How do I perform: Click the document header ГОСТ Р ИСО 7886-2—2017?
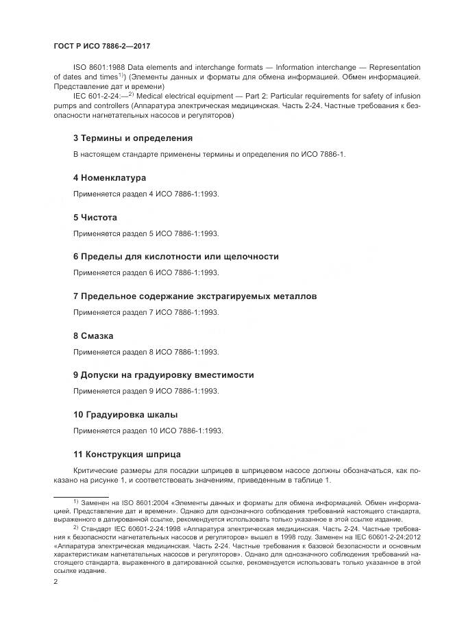[x=101, y=46]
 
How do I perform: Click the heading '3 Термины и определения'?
[x=132, y=138]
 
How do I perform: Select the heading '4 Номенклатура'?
[x=109, y=178]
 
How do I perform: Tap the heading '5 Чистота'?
[x=95, y=218]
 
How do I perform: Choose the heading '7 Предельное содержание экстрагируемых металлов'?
[x=195, y=296]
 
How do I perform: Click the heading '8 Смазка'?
[x=93, y=336]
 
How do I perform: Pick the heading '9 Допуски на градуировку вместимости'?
[x=163, y=375]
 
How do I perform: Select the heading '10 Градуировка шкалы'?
[x=125, y=415]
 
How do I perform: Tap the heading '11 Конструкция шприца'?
[x=127, y=455]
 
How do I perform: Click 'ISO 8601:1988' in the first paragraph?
[x=99, y=67]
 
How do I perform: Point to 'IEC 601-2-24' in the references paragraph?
[x=95, y=97]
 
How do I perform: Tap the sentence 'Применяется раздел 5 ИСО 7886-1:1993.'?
[x=145, y=233]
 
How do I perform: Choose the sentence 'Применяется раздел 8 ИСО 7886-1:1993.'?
[x=145, y=352]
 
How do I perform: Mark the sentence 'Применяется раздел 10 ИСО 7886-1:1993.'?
[x=147, y=431]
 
